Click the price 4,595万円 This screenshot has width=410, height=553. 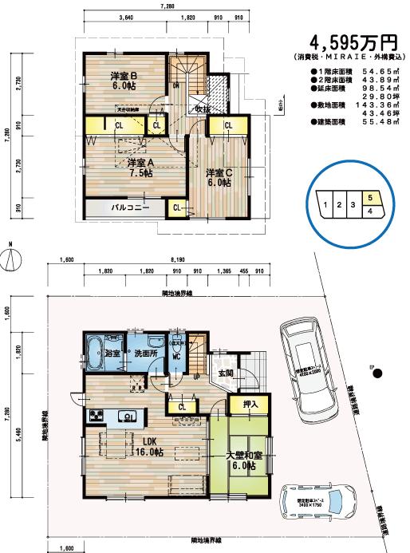[352, 42]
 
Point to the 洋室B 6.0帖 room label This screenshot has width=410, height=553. [124, 81]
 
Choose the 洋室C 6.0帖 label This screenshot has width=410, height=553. [218, 177]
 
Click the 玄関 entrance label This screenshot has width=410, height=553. [225, 373]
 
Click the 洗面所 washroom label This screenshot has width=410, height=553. [144, 353]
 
